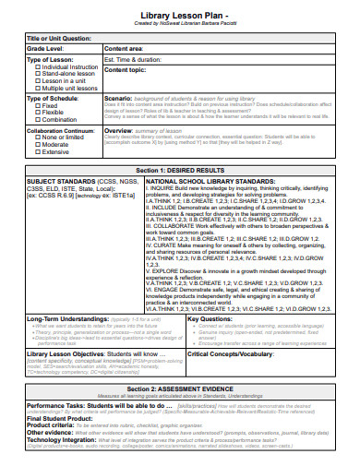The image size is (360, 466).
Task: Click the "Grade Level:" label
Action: [45, 47]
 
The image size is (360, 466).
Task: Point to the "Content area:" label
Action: [124, 47]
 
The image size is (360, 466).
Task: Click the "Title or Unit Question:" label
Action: [58, 38]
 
